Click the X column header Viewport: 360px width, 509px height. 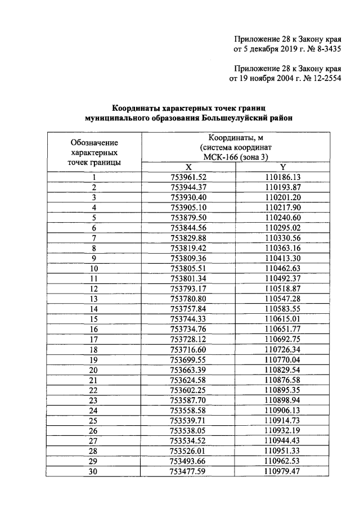(x=188, y=167)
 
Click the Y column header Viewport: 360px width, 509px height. (x=283, y=167)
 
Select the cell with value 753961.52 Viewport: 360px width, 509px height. (x=188, y=177)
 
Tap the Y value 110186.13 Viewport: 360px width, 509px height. (x=283, y=177)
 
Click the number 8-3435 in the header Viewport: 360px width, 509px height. (x=319, y=49)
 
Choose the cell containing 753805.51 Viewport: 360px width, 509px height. (x=188, y=268)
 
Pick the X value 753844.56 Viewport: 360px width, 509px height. (x=188, y=228)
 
